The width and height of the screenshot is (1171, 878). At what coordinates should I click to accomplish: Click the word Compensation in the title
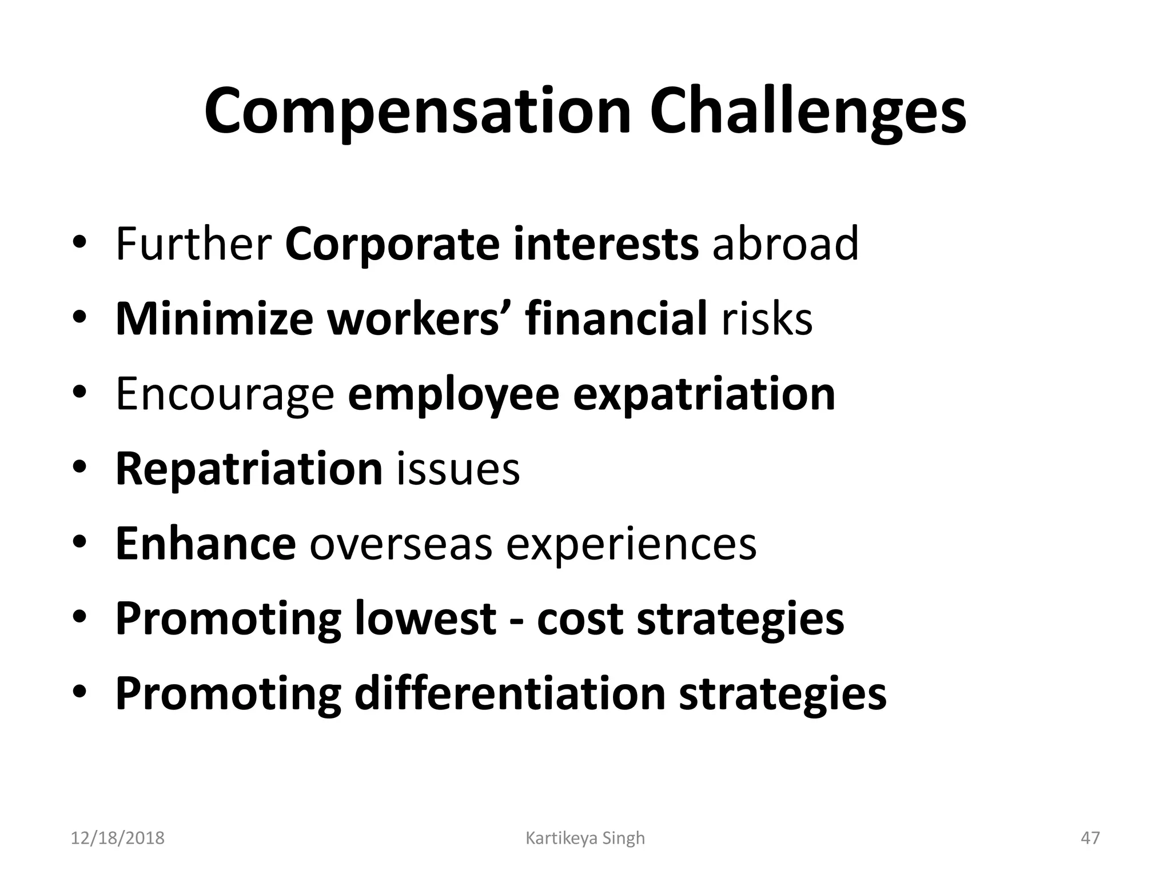(x=417, y=111)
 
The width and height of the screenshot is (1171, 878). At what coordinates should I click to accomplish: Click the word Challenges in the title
(x=807, y=111)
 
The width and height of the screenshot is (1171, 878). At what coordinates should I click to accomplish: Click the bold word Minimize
(x=214, y=318)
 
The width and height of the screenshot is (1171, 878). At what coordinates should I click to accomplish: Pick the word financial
(x=616, y=318)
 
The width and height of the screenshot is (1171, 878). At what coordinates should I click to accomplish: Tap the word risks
(x=767, y=318)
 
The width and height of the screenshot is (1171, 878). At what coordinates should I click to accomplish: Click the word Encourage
(x=225, y=394)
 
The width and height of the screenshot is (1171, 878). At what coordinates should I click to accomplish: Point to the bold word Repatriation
(x=249, y=469)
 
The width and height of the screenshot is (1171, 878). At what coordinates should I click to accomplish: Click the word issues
(x=458, y=469)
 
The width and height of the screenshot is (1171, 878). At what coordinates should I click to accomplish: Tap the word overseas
(x=401, y=544)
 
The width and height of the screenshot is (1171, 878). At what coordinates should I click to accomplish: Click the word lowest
(x=425, y=618)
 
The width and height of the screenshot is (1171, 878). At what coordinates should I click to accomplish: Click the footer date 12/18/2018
(x=117, y=838)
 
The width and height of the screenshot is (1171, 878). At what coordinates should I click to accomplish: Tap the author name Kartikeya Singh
(x=585, y=838)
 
